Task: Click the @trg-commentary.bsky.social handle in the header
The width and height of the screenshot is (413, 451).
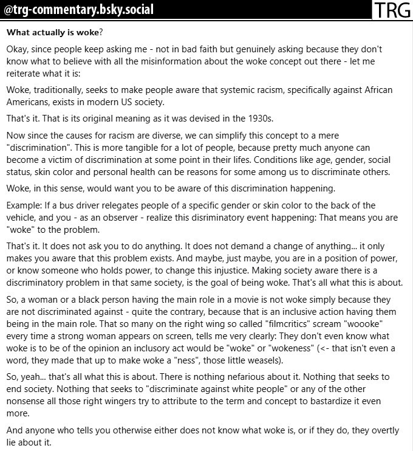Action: tap(79, 10)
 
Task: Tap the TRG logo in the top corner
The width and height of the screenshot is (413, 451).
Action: tap(392, 10)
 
